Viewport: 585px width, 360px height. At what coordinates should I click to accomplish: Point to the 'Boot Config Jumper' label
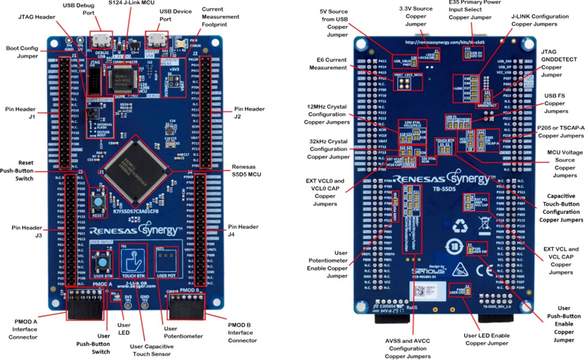click(22, 52)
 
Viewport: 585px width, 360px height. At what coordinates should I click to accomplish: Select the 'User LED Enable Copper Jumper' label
click(486, 339)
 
